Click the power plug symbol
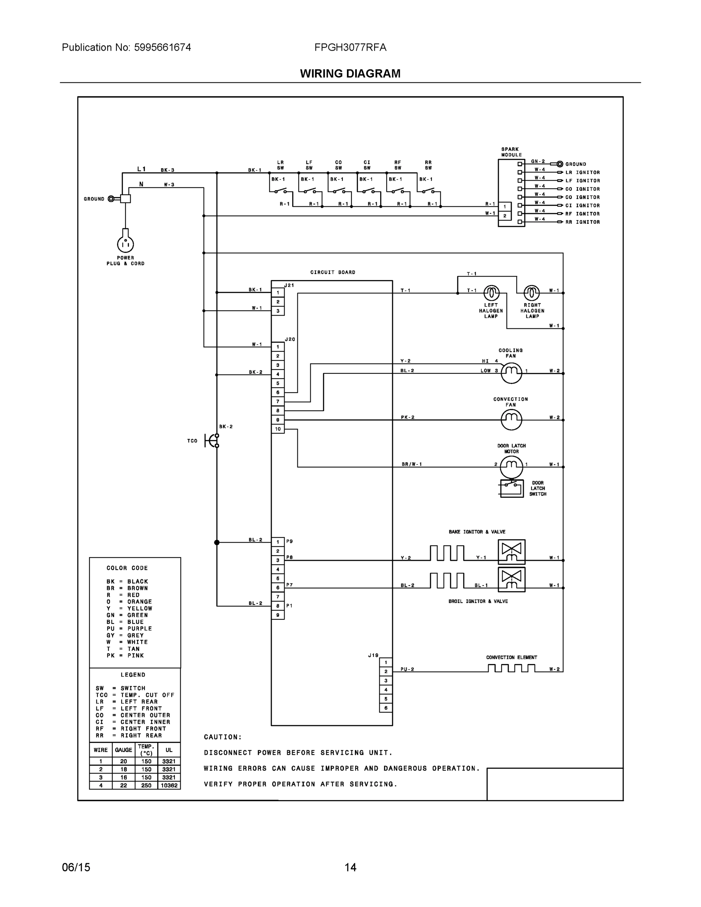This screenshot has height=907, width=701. pyautogui.click(x=125, y=244)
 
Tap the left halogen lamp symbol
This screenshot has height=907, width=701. pyautogui.click(x=491, y=293)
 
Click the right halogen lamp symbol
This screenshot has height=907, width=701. pyautogui.click(x=532, y=293)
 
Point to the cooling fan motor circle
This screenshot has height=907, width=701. pyautogui.click(x=511, y=373)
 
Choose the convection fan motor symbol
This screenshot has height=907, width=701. pyautogui.click(x=511, y=419)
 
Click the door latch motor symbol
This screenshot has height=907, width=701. pyautogui.click(x=511, y=466)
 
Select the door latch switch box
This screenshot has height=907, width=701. pyautogui.click(x=512, y=488)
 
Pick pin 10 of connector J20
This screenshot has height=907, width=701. pyautogui.click(x=278, y=429)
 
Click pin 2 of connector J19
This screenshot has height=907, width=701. pyautogui.click(x=386, y=672)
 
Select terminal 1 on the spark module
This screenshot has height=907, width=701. pyautogui.click(x=504, y=207)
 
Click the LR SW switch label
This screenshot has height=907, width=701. pyautogui.click(x=280, y=165)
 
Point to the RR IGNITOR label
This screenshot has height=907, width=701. pyautogui.click(x=582, y=222)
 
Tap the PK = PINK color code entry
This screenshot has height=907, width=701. pyautogui.click(x=125, y=655)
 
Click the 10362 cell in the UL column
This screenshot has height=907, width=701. pyautogui.click(x=169, y=785)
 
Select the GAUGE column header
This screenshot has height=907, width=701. pyautogui.click(x=123, y=750)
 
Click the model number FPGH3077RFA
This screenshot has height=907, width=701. pyautogui.click(x=350, y=47)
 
